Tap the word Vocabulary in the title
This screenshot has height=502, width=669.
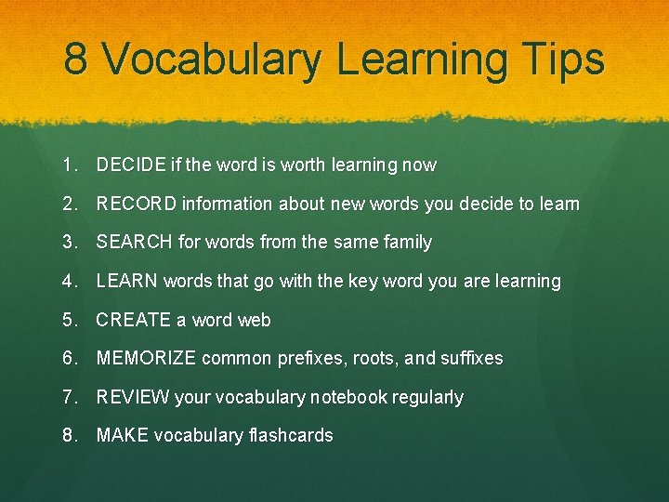(x=211, y=60)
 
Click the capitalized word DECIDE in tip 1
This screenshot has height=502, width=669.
(x=131, y=165)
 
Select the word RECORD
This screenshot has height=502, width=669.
(x=137, y=204)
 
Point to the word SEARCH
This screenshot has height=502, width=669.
(x=135, y=243)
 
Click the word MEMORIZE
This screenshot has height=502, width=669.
(x=146, y=358)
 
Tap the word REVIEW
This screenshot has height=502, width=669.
(x=133, y=397)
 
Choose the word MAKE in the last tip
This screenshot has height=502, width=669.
(x=122, y=435)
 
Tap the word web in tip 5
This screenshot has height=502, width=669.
(x=255, y=320)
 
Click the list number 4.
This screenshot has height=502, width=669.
(x=69, y=281)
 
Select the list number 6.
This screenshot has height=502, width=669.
(x=69, y=358)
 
